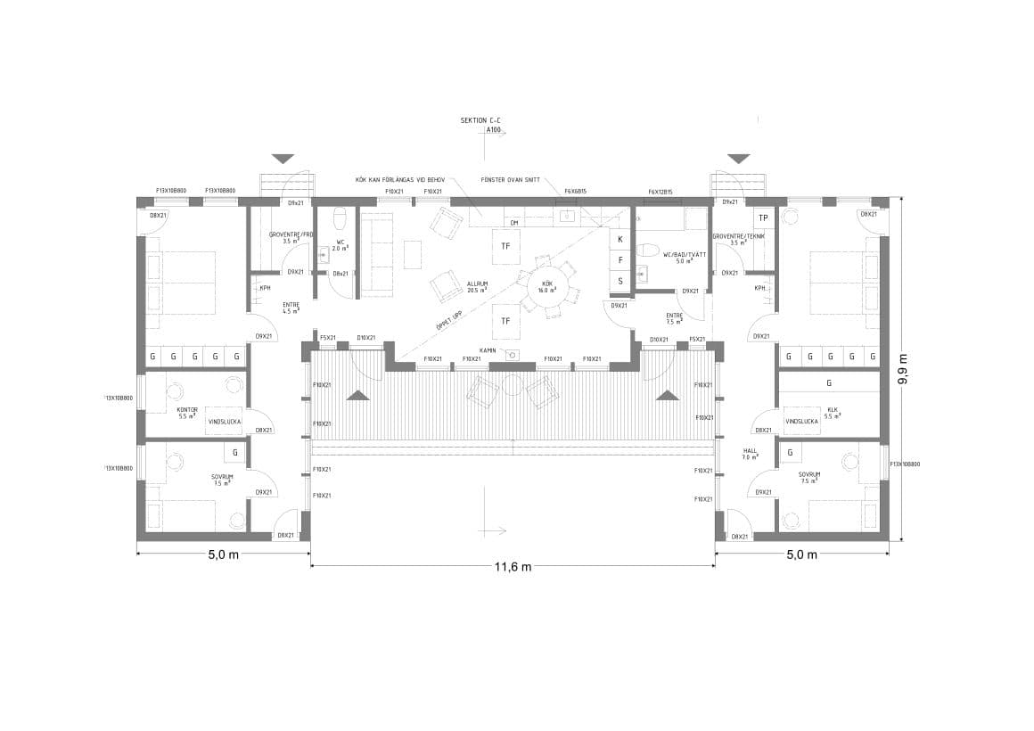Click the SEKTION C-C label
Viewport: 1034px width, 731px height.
(x=480, y=119)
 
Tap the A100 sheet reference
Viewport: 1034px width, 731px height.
(x=494, y=130)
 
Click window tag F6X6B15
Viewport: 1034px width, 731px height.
(x=575, y=192)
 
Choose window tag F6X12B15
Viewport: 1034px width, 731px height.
(x=661, y=192)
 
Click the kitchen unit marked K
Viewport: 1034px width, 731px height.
(x=620, y=240)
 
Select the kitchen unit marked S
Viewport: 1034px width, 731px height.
(x=620, y=281)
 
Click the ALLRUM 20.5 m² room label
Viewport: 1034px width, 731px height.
(x=477, y=287)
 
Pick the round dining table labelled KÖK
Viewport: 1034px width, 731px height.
(x=548, y=287)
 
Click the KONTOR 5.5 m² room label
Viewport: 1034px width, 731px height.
(x=187, y=413)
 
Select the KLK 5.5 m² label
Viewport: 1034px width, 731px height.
(x=833, y=413)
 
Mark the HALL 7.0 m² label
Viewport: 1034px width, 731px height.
(x=750, y=454)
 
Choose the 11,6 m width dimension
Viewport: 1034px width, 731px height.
(x=513, y=567)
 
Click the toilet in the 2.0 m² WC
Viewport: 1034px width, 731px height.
(x=340, y=219)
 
